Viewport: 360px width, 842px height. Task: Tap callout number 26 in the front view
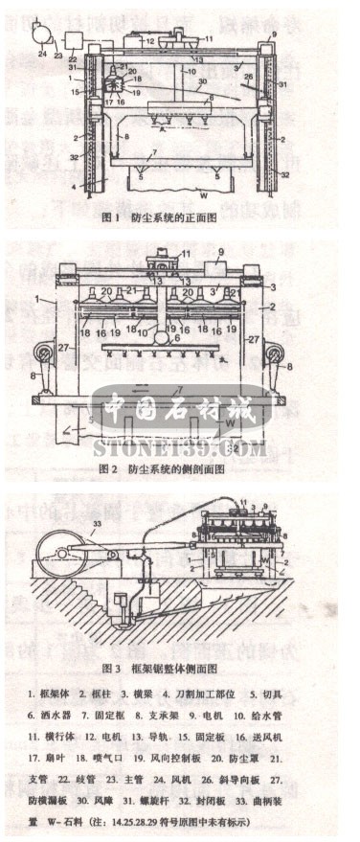pyautogui.click(x=249, y=80)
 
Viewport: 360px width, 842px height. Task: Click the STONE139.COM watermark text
pyautogui.click(x=180, y=447)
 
